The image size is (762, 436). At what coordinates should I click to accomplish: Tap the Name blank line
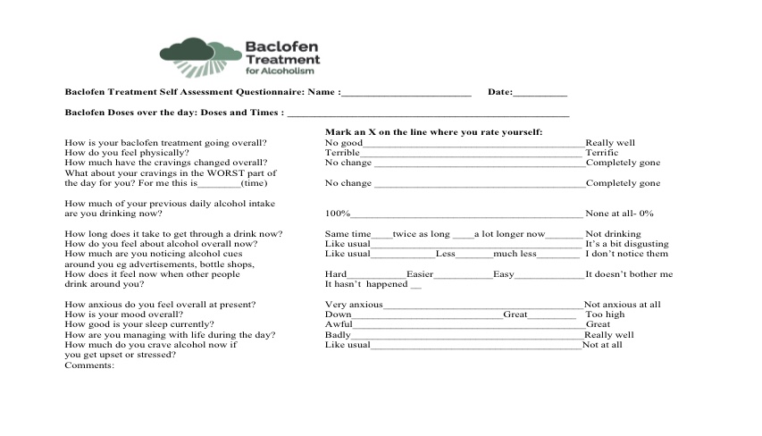point(406,93)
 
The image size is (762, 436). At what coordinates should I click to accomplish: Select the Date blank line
point(540,93)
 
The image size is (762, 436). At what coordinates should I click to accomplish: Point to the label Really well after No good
point(610,143)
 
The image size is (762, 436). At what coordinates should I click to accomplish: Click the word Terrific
point(601,153)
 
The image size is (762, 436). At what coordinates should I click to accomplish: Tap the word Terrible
point(342,153)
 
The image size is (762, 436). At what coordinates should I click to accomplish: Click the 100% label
point(338,214)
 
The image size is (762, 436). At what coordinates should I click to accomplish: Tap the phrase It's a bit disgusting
point(626,244)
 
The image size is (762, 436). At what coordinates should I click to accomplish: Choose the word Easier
point(420,274)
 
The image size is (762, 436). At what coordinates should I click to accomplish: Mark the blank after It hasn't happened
point(414,285)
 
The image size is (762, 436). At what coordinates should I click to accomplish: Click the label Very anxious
point(354,305)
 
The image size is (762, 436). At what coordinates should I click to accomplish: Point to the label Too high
point(605,314)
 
